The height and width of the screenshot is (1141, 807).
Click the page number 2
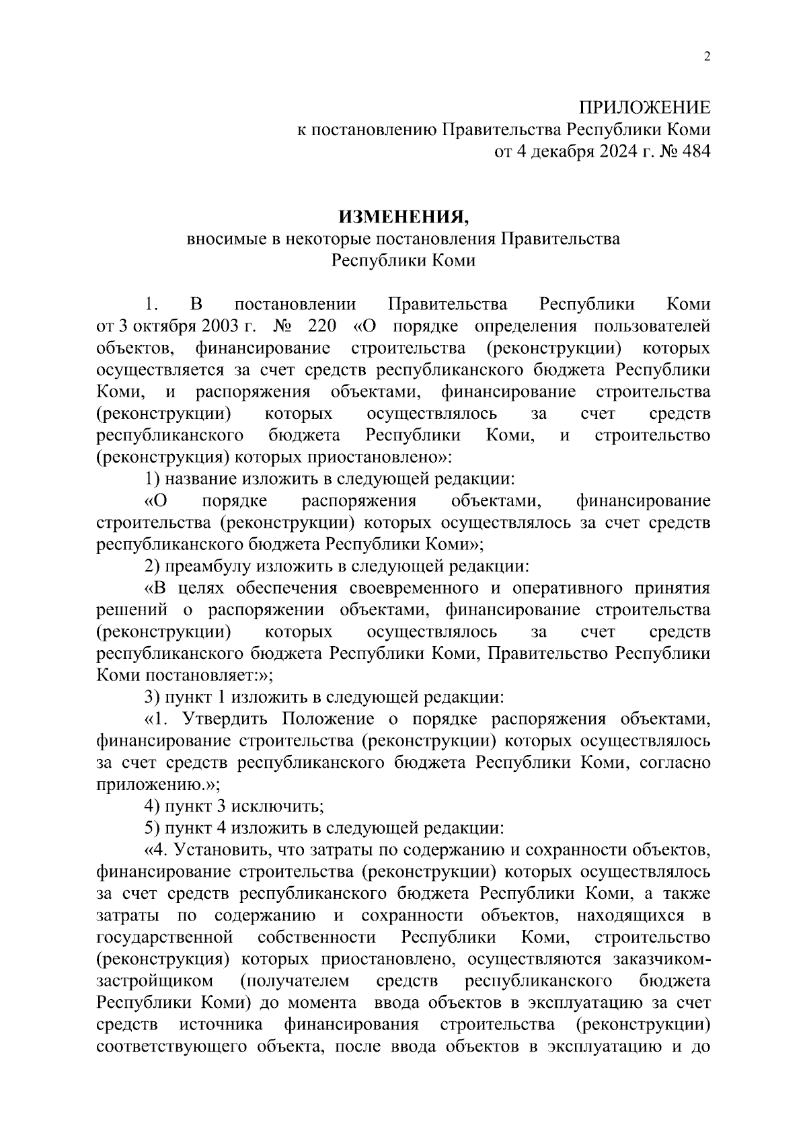point(707,56)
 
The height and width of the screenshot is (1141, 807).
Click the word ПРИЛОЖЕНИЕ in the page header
point(644,108)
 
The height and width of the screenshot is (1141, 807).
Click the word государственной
point(165,937)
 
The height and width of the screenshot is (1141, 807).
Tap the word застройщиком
point(155,980)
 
